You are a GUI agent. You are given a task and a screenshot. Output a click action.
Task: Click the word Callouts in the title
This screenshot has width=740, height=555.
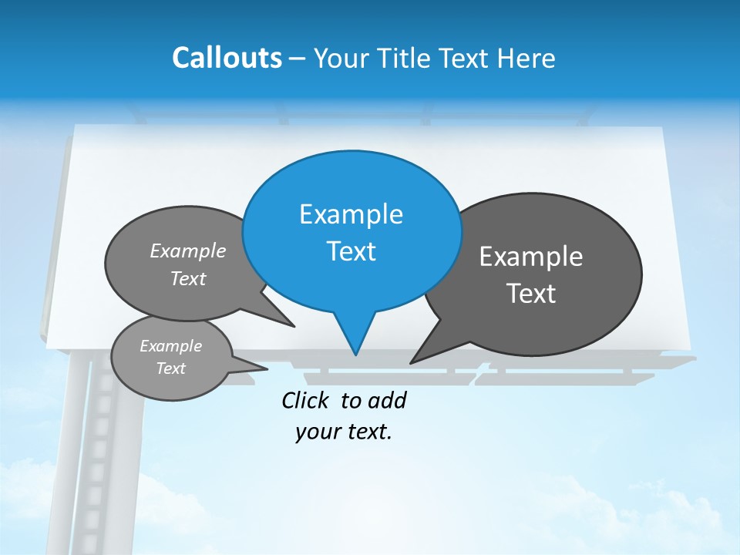pos(227,59)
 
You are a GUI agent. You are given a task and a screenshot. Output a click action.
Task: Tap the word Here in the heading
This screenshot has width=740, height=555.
pos(526,59)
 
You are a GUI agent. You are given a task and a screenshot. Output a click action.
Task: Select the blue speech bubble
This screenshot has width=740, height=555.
pos(351,231)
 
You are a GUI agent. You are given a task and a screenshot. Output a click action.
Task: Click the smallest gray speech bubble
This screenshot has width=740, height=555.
pos(171,358)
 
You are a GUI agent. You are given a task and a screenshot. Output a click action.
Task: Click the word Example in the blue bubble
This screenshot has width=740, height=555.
pos(351,214)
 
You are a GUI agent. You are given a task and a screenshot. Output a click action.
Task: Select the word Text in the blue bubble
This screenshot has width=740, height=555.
pos(351,251)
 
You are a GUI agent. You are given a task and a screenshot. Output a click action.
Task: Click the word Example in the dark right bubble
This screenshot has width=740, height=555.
pos(531,257)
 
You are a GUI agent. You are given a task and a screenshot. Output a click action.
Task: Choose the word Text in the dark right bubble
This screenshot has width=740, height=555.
pos(531,294)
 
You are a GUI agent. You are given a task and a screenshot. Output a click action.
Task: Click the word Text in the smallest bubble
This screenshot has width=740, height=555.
pos(171,368)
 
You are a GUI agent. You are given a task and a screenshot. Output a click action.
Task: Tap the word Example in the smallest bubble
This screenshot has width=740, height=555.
pos(171,346)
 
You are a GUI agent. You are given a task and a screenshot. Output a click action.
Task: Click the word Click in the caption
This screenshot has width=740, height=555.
pos(304,400)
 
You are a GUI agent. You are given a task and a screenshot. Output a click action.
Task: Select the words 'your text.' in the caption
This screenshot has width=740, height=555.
pos(344,432)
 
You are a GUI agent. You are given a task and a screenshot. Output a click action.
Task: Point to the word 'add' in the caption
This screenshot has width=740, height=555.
pos(387,400)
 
